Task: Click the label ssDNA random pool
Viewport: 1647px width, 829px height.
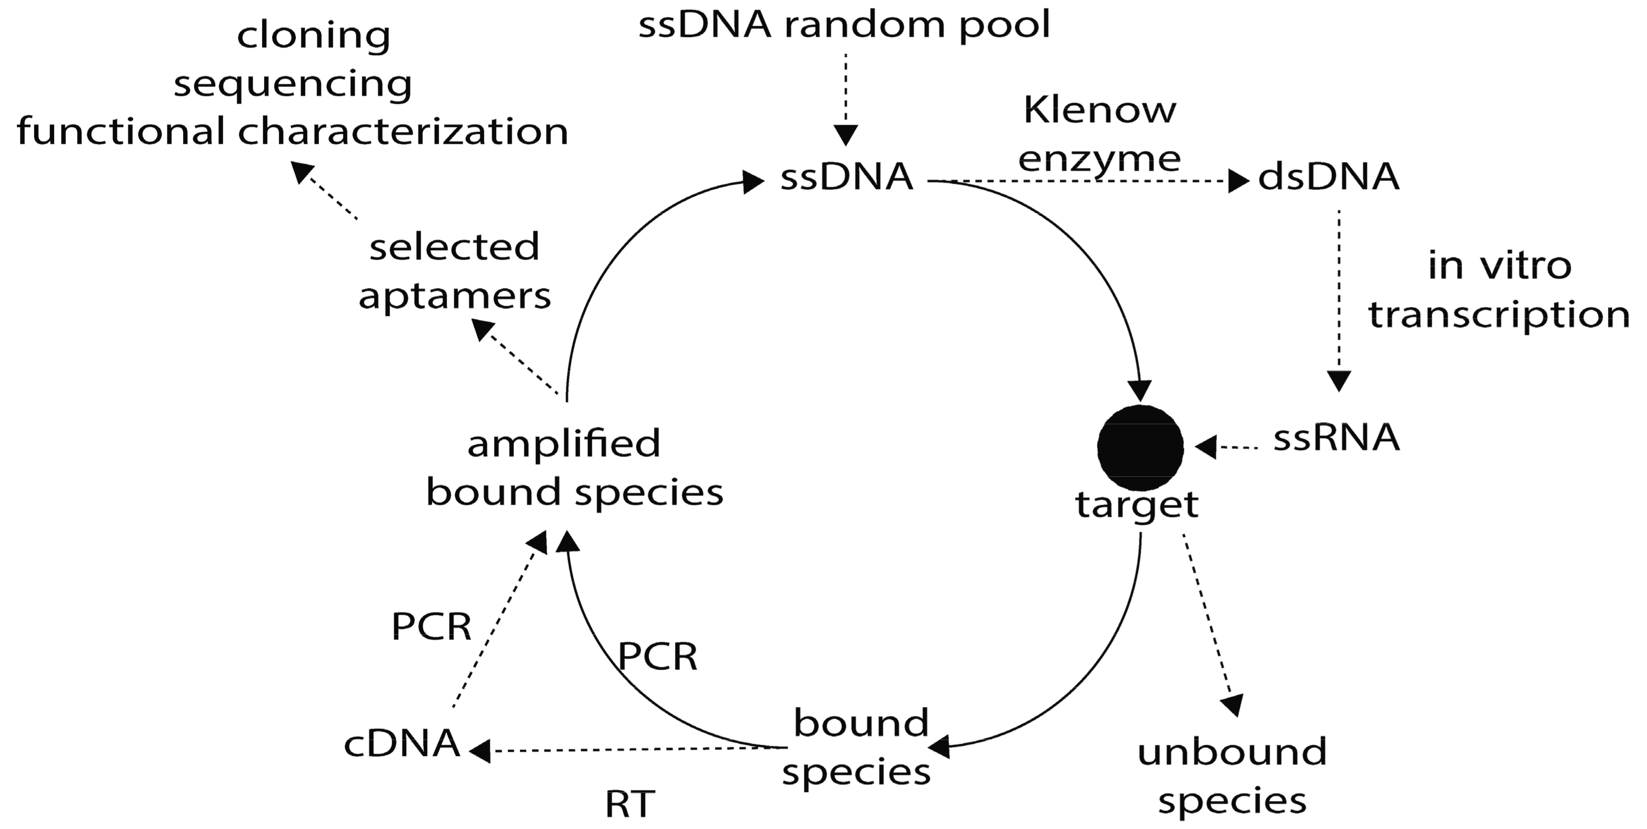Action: tap(844, 26)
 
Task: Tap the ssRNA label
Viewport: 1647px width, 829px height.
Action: tap(1336, 438)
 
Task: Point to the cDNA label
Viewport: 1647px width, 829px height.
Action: tap(402, 744)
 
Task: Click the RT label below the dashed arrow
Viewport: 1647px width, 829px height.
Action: tap(630, 804)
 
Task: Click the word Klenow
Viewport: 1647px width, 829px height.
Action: tap(1100, 110)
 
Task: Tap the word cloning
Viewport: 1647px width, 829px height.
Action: tap(313, 35)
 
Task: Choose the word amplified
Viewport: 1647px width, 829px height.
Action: tap(563, 444)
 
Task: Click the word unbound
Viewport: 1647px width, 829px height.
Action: tap(1232, 752)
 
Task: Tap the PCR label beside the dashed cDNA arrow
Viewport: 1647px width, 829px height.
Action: tap(431, 626)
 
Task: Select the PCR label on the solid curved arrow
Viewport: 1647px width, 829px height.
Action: tap(657, 656)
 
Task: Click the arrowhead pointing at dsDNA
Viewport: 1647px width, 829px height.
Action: tap(1239, 182)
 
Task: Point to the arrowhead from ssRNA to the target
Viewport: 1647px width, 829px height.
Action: tap(1206, 447)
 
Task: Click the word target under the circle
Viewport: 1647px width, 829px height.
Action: tap(1137, 505)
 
